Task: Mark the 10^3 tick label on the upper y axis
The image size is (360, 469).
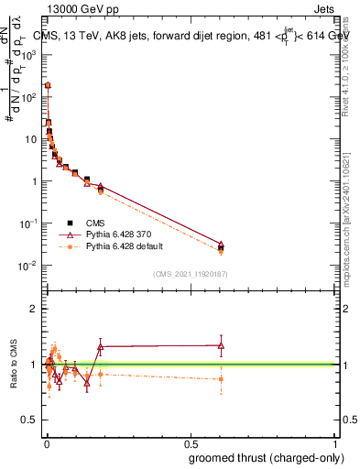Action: (x=28, y=55)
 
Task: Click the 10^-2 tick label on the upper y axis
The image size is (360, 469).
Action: (x=28, y=266)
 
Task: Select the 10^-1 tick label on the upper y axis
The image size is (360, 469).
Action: (x=28, y=224)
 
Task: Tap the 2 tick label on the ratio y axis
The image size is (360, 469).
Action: (x=34, y=309)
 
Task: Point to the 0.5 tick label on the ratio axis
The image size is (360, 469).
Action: (x=30, y=420)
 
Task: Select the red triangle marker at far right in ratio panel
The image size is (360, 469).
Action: (x=221, y=345)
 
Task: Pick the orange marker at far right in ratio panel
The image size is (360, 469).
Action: (x=221, y=378)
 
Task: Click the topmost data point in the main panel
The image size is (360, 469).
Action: (x=48, y=85)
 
